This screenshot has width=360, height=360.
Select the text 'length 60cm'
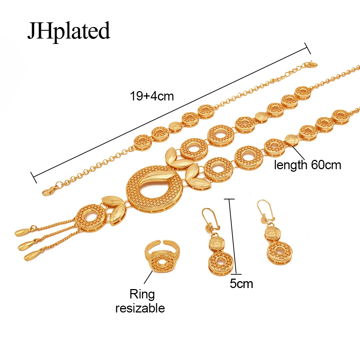307,165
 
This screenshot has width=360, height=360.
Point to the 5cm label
241,284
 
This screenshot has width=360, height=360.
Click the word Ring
142,294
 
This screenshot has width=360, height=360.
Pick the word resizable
140,308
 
